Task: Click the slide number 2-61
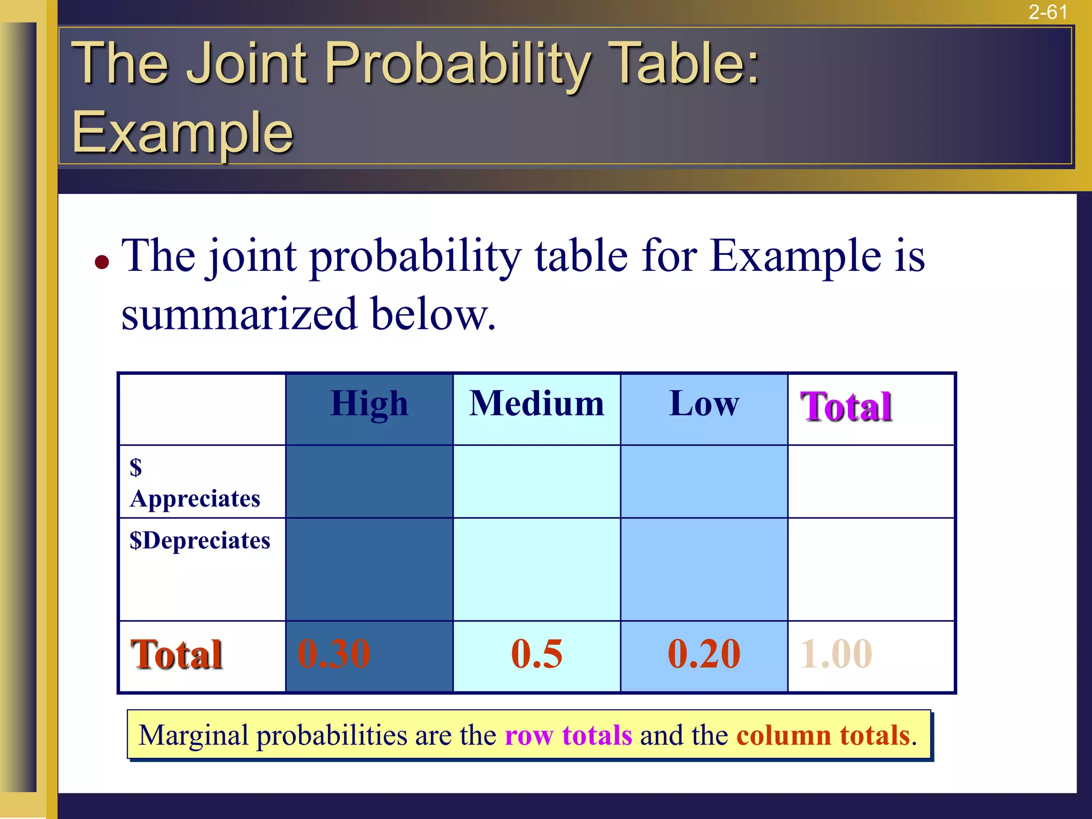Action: coord(1048,12)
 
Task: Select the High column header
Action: coord(369,404)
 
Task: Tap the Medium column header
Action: coord(536,404)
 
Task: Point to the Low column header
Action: coord(704,404)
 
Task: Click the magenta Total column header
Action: coord(846,407)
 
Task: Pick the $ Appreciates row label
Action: coord(195,483)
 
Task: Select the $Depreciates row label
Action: coord(200,541)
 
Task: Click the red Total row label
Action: coord(176,654)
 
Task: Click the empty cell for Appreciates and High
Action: coord(369,481)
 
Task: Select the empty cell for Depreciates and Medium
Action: coord(536,569)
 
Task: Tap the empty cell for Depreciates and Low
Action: coord(704,569)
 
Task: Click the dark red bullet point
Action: coord(102,262)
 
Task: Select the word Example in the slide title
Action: coord(182,132)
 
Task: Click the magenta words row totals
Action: coord(568,735)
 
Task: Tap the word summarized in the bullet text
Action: coord(239,314)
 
